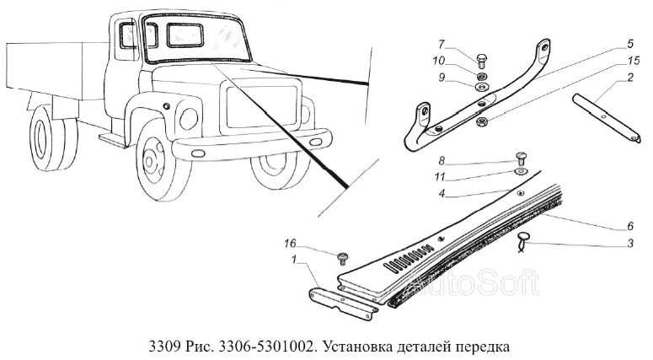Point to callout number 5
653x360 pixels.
click(x=607, y=42)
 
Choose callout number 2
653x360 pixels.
click(x=607, y=78)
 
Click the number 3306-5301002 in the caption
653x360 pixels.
click(x=261, y=345)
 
